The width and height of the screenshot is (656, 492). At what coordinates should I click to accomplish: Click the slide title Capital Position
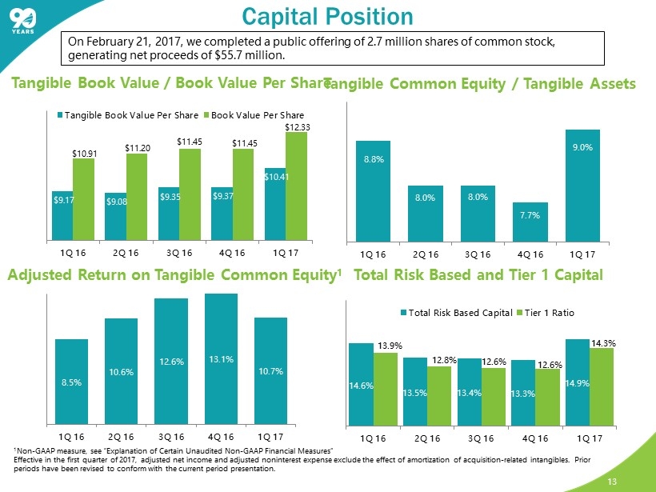point(327,16)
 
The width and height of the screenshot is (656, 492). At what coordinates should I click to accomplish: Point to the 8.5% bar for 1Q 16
point(71,381)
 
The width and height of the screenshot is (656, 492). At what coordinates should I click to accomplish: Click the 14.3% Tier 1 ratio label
point(603,343)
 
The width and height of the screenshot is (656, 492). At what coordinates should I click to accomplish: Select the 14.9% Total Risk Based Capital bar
point(578,381)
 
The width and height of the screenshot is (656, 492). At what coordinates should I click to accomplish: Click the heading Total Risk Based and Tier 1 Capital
point(478,276)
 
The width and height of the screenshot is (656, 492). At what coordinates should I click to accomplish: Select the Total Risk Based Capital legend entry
point(458,312)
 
